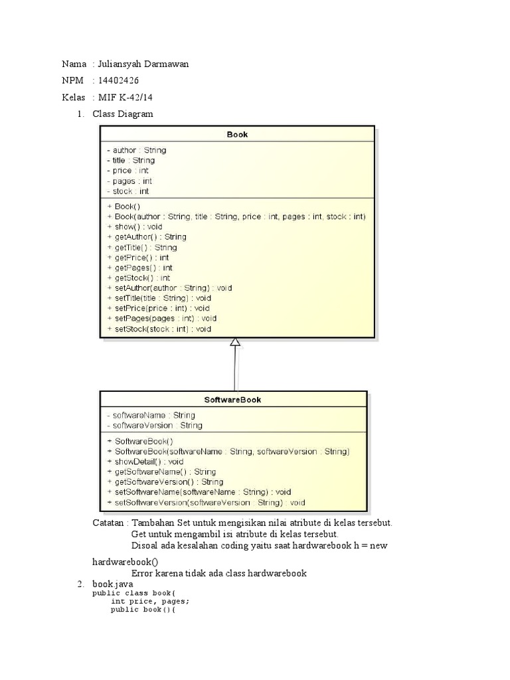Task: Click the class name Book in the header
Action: click(237, 134)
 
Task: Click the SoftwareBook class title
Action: click(233, 400)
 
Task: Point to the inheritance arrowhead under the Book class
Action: click(234, 342)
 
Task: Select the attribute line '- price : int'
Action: click(127, 171)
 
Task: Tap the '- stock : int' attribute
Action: click(127, 191)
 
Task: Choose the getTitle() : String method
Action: click(141, 247)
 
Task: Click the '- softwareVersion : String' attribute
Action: click(154, 425)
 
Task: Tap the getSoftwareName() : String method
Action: click(161, 471)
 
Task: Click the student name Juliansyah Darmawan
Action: click(143, 64)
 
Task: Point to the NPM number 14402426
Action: click(118, 81)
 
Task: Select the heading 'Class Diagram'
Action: click(123, 114)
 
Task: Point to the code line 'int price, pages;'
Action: click(150, 602)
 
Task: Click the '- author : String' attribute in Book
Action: click(136, 150)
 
